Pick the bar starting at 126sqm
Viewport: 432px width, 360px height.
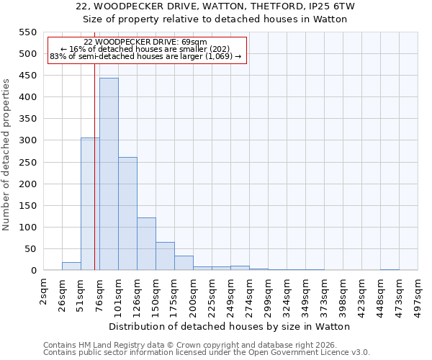coord(146,244)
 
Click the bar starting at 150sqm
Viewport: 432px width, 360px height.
coord(165,256)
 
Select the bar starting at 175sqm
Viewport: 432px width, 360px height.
coord(184,264)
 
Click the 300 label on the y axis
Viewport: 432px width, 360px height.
coord(27,140)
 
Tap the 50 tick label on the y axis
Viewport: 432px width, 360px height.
coord(30,249)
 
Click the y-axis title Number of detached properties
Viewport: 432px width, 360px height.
coord(7,155)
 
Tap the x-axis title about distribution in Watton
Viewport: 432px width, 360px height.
coord(230,326)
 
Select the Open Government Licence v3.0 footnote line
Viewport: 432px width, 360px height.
coord(207,353)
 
